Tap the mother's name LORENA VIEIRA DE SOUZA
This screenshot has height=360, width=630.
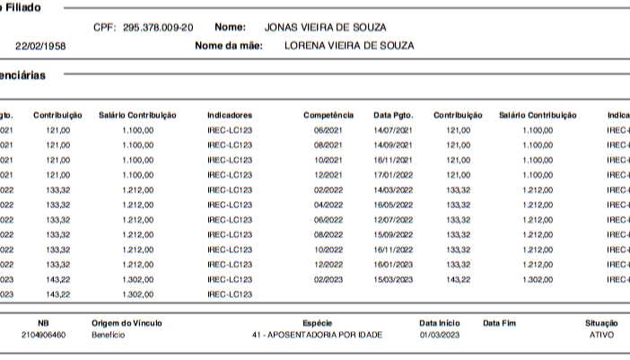349,45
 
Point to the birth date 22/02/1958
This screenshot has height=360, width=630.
39,45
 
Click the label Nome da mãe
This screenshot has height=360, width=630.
228,45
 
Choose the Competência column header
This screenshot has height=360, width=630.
328,115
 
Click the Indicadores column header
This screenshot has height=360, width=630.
230,115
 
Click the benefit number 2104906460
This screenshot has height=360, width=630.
43,335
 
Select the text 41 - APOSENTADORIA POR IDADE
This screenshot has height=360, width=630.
318,335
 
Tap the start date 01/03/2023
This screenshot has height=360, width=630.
438,335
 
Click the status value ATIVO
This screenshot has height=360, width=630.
601,335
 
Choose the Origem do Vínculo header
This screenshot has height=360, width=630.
127,322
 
